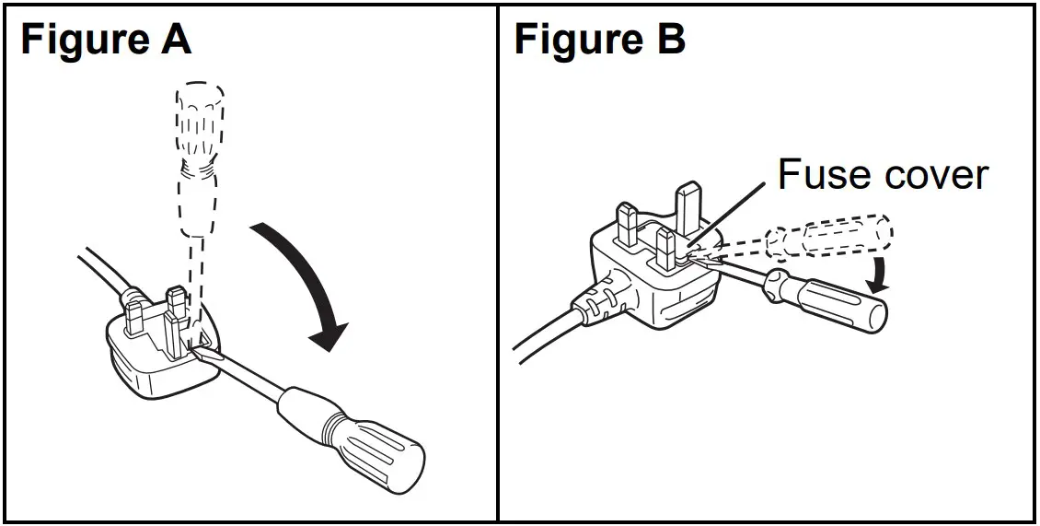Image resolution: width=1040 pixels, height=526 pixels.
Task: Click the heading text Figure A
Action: coord(105,41)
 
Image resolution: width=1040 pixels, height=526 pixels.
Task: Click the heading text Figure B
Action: coord(599,41)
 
